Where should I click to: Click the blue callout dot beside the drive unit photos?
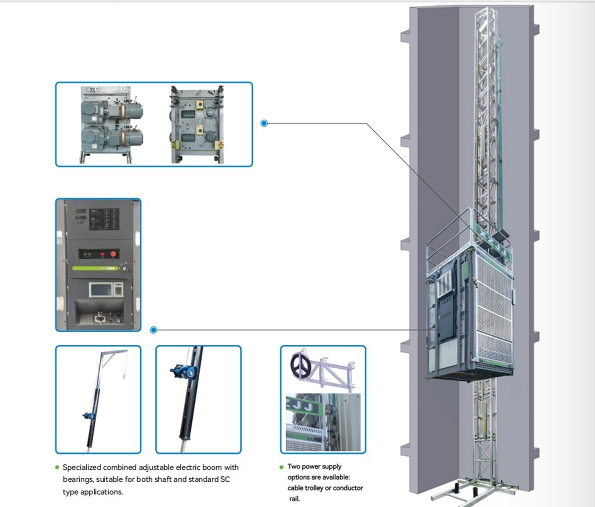coord(264,123)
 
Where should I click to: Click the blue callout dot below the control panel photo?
coord(154,330)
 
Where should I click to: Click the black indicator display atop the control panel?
coord(104,219)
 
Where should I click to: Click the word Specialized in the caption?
coord(82,467)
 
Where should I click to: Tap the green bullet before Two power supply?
coord(282,467)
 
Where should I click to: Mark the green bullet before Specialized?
coord(57,467)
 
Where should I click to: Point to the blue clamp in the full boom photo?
coord(89,415)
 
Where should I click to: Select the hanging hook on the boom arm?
coord(122,378)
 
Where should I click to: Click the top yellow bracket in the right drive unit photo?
coord(200,105)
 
